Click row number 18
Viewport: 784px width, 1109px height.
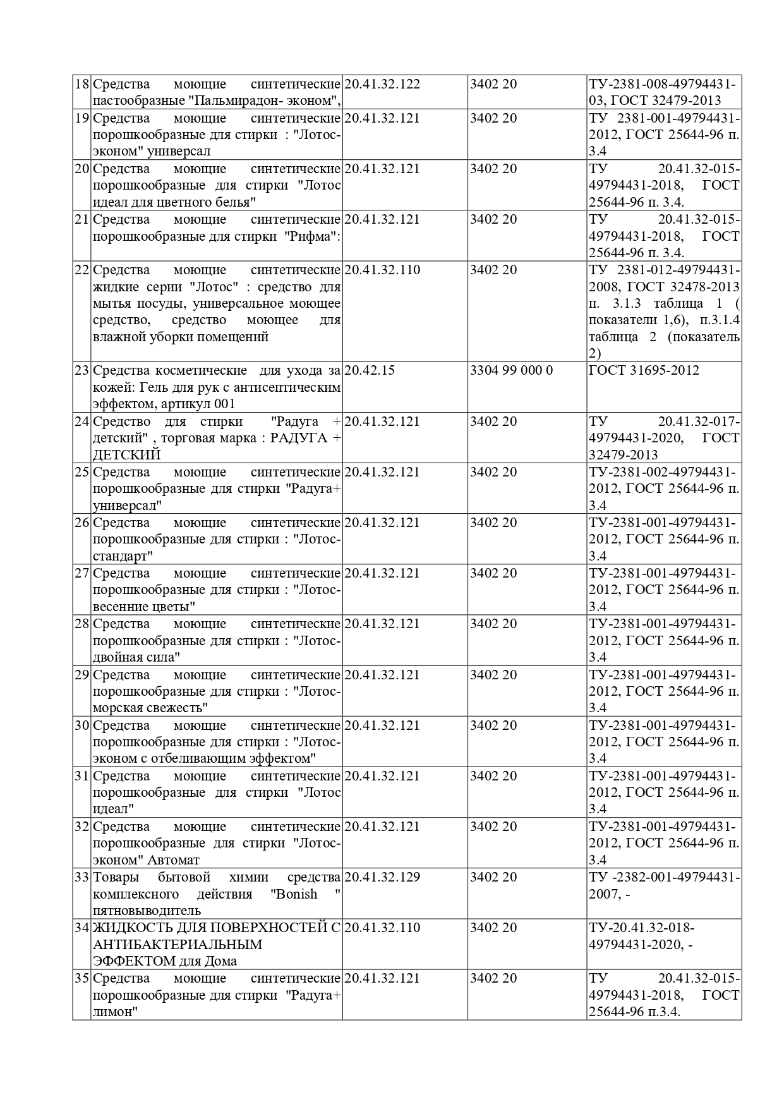pos(82,84)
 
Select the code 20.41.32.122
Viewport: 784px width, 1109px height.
pos(382,84)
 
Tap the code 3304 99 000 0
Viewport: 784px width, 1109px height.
pos(511,370)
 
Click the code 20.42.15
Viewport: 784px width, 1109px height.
pos(370,370)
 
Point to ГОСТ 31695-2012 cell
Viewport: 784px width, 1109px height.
pos(644,370)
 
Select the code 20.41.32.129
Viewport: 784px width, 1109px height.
pos(382,877)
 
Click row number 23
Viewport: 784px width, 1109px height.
pos(82,370)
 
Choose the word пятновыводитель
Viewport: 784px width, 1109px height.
pos(147,911)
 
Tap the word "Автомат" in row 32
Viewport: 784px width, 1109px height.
pos(174,860)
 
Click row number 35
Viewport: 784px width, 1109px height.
pos(82,979)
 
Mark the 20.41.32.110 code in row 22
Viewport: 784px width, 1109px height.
pos(382,270)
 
